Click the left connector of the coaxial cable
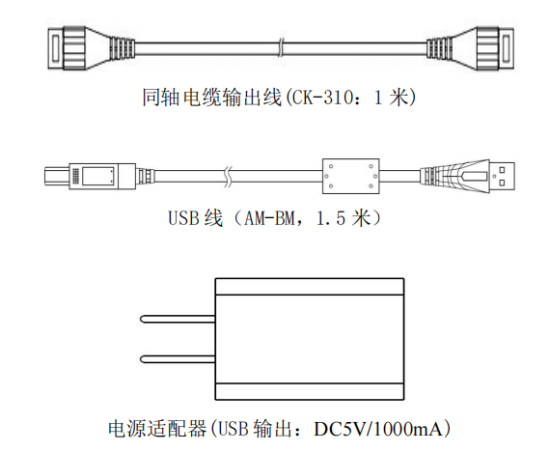coord(91,47)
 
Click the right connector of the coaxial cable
coord(471,48)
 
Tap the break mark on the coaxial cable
coord(281,48)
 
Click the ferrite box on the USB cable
coord(350,176)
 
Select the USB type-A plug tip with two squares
coord(502,176)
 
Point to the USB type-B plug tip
coord(57,176)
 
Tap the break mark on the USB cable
coord(228,176)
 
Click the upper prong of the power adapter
coord(178,319)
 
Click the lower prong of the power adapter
coord(178,358)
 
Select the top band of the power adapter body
coord(310,287)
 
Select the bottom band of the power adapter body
coord(310,391)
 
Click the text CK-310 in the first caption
coord(322,97)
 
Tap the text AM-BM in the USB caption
coord(269,218)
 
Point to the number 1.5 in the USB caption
coord(331,218)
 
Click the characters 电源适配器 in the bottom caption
coord(157,429)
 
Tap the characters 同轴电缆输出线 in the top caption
coord(212,97)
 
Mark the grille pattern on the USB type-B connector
coord(75,176)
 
